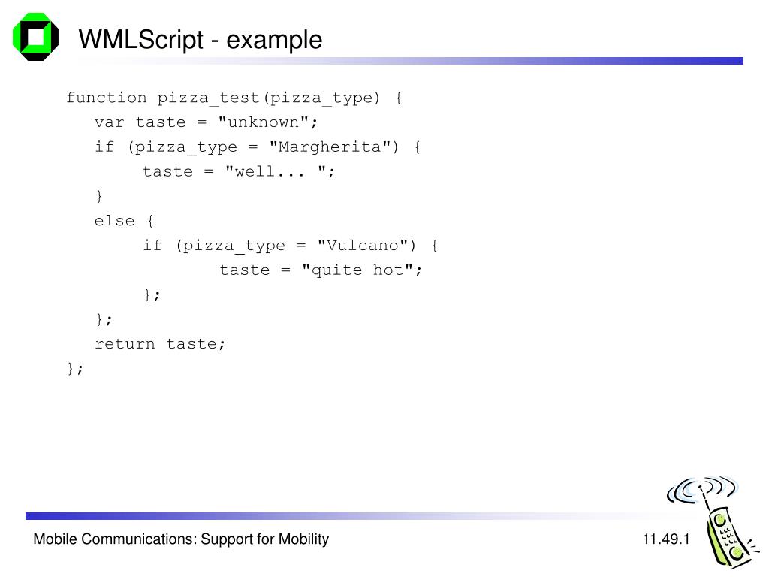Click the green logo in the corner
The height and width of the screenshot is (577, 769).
point(35,36)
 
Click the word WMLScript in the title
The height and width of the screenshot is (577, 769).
point(140,39)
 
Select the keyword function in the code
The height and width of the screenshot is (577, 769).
point(107,98)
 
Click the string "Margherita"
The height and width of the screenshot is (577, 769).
point(330,147)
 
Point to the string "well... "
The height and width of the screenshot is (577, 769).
point(276,172)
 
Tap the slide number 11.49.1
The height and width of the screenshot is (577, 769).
point(665,539)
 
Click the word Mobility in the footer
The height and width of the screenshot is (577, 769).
point(303,539)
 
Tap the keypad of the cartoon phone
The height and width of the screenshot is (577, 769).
point(726,534)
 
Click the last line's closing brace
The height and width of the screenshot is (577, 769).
point(71,368)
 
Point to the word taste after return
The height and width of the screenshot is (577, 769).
point(196,344)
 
